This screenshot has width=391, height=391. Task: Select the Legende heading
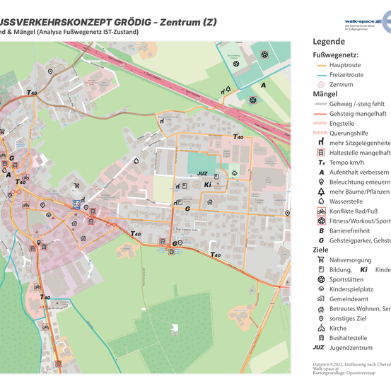(x=329, y=42)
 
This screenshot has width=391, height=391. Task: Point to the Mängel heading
(x=325, y=93)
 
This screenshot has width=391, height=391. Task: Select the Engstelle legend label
(x=346, y=122)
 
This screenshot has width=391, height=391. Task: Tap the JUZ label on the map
(x=202, y=173)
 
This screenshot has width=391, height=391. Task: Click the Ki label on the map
(x=207, y=185)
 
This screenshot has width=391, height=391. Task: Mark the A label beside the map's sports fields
(x=263, y=85)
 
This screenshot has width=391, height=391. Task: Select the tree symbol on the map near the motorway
(x=228, y=90)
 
